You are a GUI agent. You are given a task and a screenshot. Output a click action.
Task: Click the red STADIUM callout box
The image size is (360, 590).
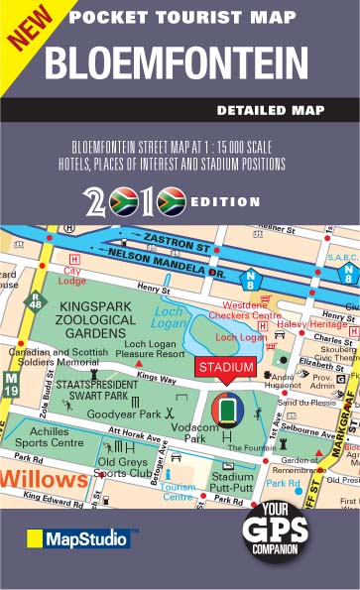[225, 368]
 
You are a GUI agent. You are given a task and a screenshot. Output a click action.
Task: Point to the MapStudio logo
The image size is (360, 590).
[77, 538]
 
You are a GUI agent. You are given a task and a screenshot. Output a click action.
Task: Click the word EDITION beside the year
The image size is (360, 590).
[224, 200]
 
